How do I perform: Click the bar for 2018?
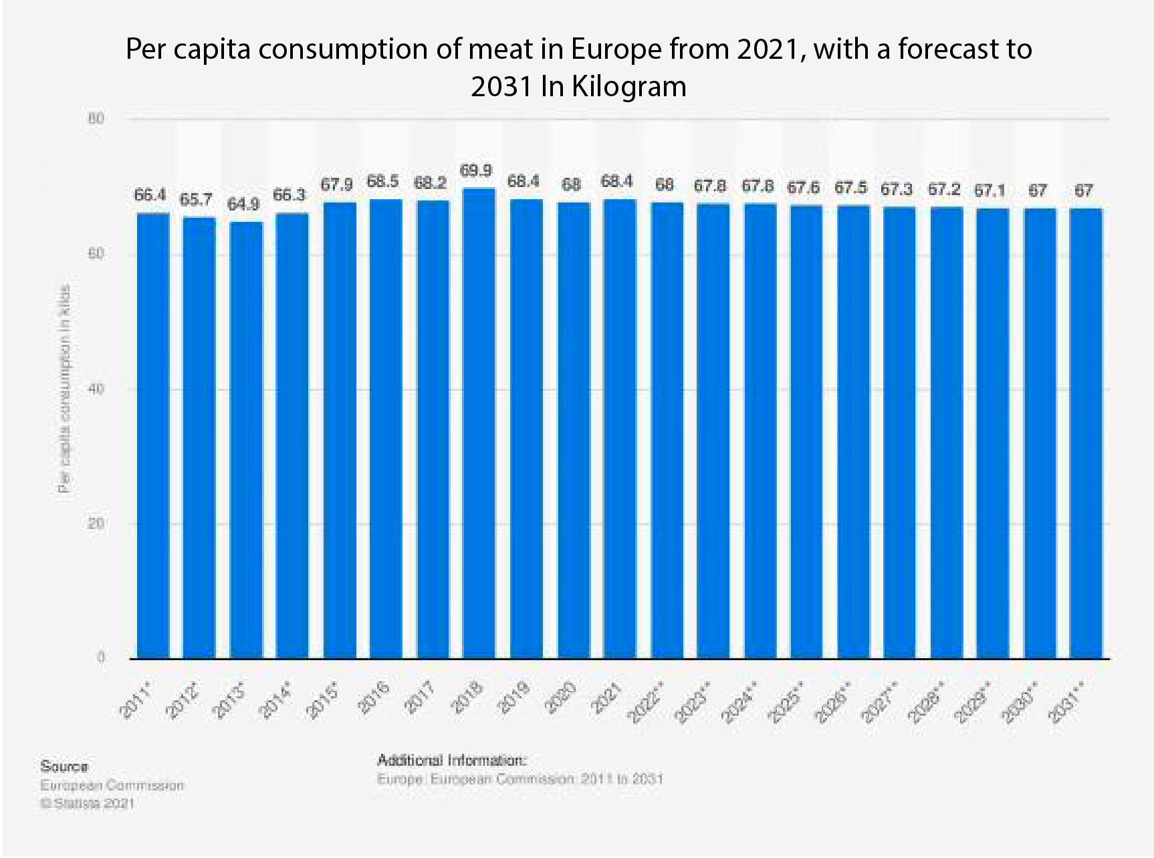coord(479,424)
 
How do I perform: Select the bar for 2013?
coord(246,440)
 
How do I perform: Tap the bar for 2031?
coord(1086,434)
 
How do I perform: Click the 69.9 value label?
coord(476,171)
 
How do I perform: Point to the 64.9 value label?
coord(243,204)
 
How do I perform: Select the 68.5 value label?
coord(383,182)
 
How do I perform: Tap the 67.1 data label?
coord(990,191)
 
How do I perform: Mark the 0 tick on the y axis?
coord(101,658)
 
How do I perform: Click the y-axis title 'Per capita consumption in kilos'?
coord(65,389)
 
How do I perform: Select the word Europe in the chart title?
coord(608,49)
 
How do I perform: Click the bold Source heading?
coord(64,766)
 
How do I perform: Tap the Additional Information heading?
coord(452,760)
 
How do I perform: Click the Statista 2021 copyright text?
coord(88,804)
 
